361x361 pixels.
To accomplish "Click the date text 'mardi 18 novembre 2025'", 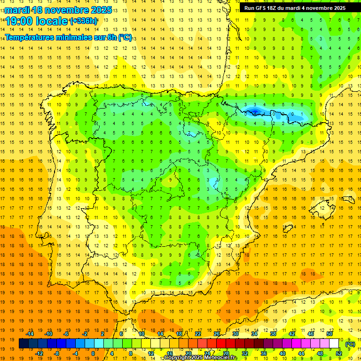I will click(58, 10).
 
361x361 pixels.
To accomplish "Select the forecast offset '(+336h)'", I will click(84, 21).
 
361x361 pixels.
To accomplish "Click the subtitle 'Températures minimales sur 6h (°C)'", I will click(69, 38).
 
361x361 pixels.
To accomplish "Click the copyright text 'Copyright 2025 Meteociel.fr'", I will click(200, 358).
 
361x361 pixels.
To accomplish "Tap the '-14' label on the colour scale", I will click(31, 334).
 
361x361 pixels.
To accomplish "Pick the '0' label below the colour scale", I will click(93, 353).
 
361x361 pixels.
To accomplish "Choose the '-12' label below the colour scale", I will click(39, 353).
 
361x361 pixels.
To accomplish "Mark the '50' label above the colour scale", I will click(330, 334).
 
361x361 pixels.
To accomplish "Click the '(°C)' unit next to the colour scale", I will click(350, 344).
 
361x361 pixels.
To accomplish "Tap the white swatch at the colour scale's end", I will click(334, 344).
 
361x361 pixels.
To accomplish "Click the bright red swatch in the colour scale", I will click(221, 344).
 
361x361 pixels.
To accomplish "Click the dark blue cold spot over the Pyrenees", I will click(254, 111).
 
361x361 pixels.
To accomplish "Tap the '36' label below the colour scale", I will click(263, 353).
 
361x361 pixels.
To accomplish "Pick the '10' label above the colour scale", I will click(141, 334).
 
